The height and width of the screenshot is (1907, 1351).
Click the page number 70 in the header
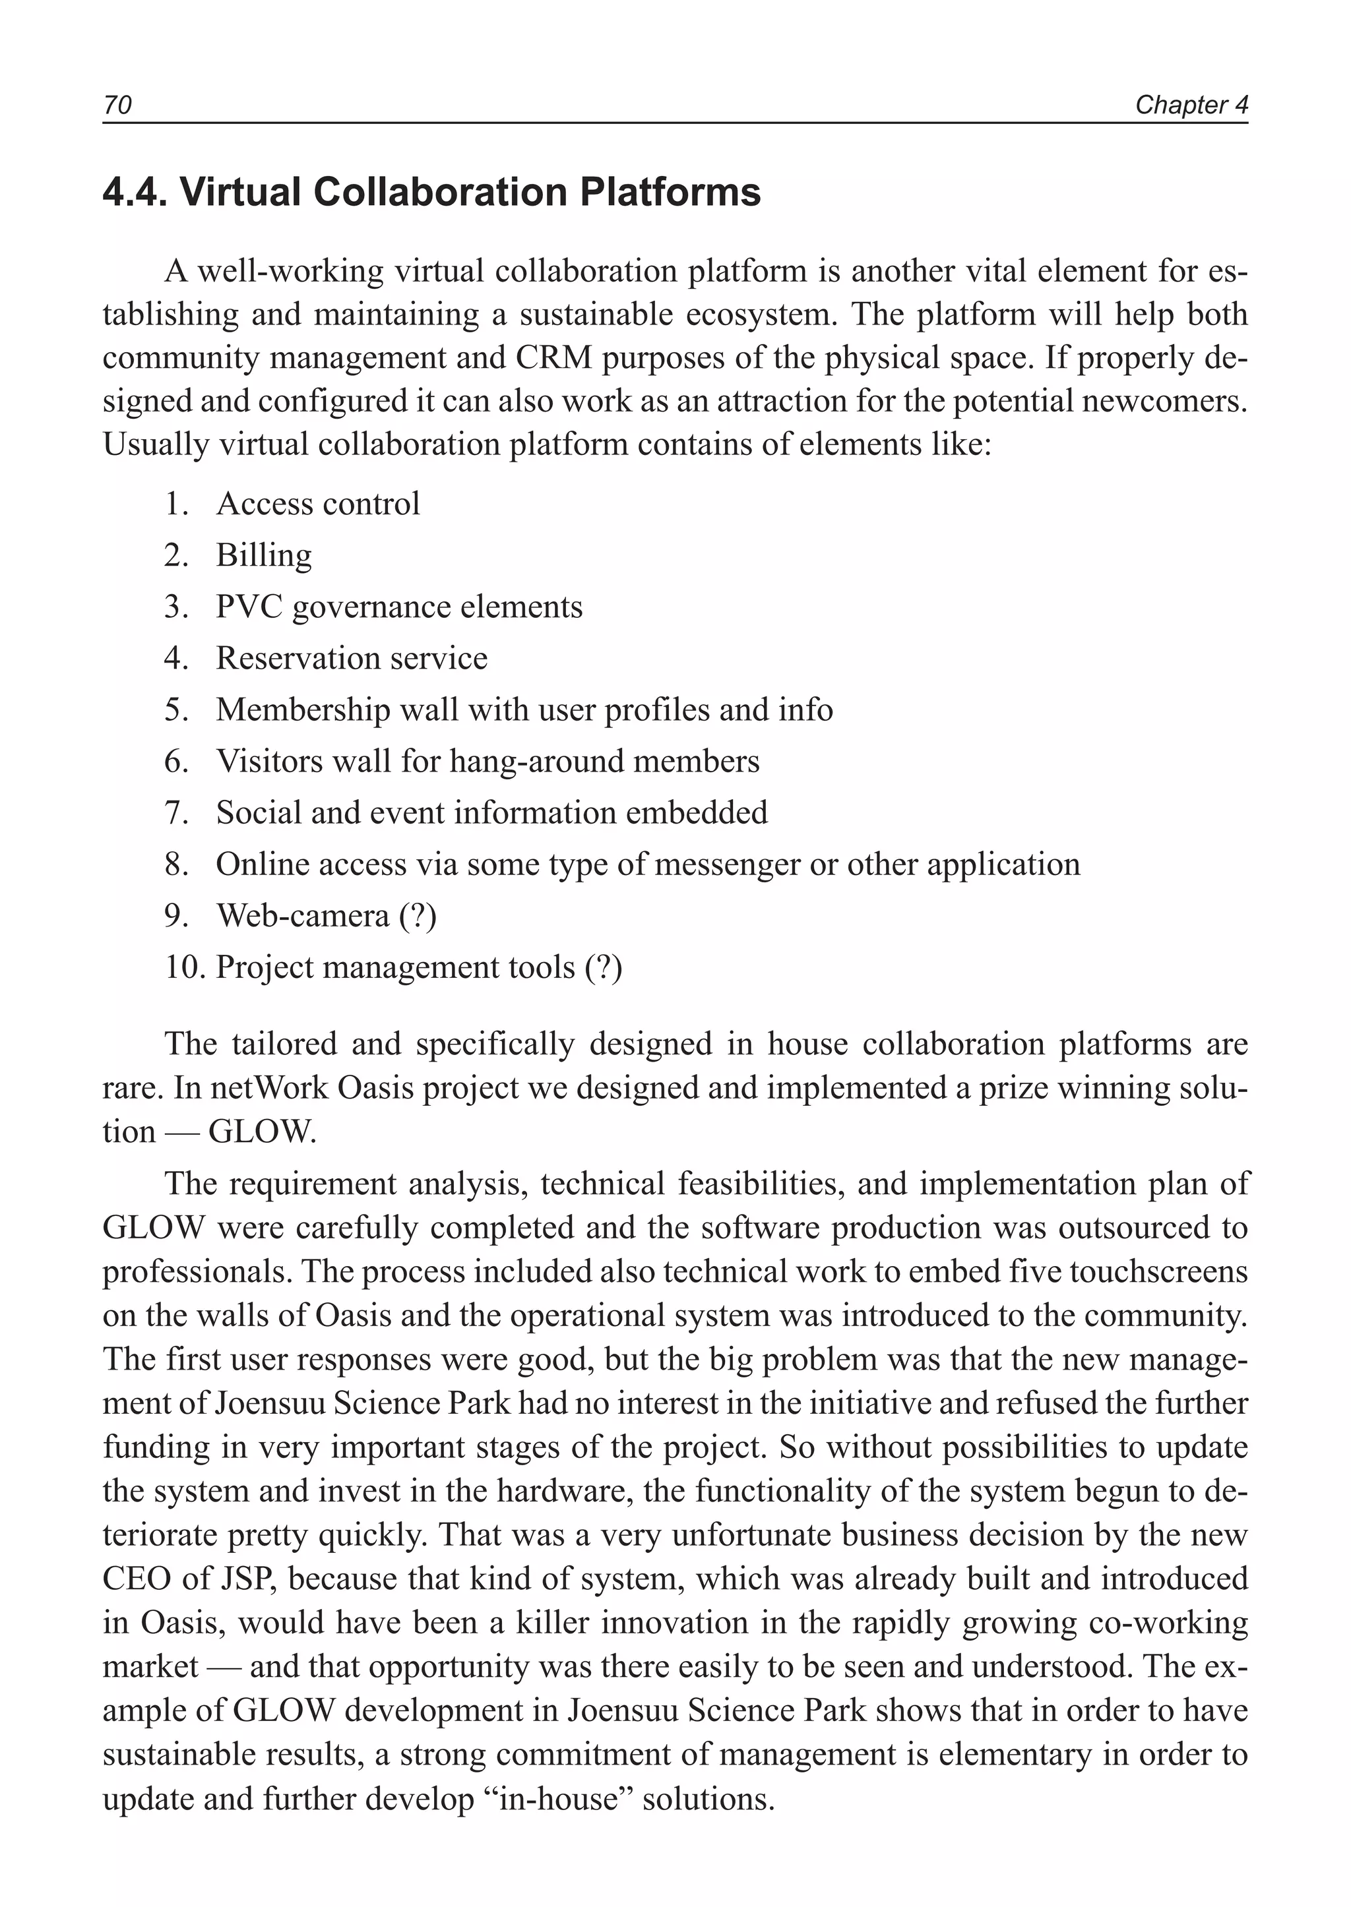(x=117, y=105)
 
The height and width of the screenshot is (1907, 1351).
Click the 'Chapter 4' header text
(x=1191, y=105)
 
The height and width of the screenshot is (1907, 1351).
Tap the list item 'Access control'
(x=318, y=504)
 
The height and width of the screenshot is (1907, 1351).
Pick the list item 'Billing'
(x=264, y=556)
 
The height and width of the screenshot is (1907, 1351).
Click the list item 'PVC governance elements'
(x=399, y=607)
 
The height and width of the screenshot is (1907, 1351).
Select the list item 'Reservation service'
(x=351, y=659)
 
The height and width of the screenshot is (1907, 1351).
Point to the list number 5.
(x=176, y=710)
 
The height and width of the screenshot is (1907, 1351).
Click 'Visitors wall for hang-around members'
(x=487, y=762)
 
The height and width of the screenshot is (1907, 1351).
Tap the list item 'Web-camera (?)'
(x=326, y=916)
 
